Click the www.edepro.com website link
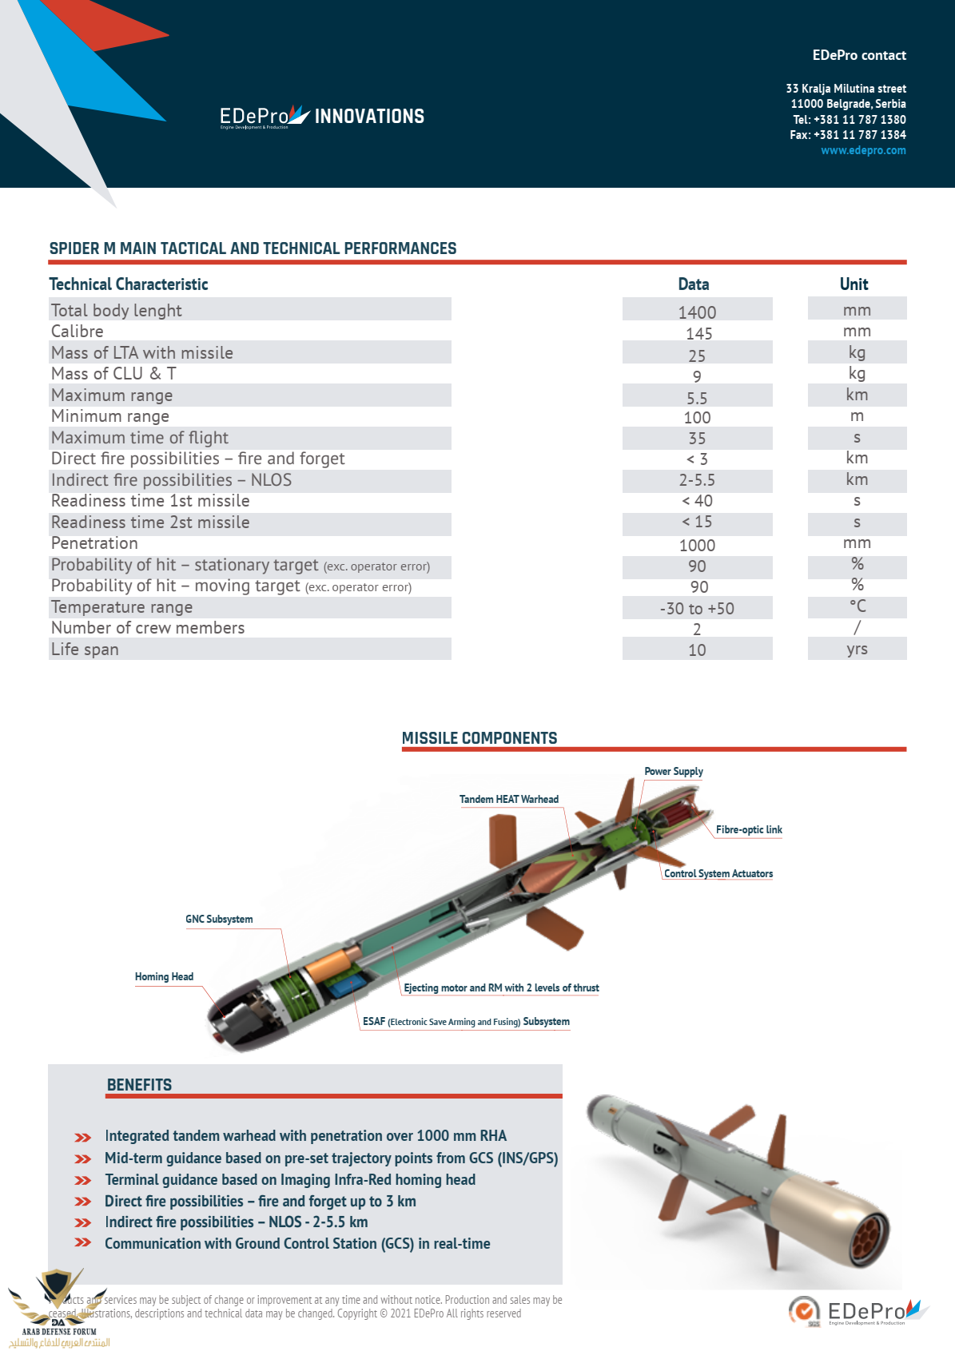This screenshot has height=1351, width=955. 863,150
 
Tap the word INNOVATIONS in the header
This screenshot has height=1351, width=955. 369,117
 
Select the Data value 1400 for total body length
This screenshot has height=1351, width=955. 697,312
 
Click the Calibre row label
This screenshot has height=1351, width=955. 78,332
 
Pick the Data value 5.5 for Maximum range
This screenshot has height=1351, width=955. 697,398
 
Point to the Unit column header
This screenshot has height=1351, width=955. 854,284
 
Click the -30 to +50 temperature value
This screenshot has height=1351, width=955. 697,609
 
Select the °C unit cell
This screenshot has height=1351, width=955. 858,606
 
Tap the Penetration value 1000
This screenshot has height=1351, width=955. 697,546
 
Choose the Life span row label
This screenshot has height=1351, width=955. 85,650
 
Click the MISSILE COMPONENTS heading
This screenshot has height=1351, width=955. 479,738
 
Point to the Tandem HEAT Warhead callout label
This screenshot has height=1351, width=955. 509,799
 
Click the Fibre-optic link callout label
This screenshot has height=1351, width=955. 749,829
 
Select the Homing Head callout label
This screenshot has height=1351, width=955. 164,976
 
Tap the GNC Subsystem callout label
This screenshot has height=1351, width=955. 219,919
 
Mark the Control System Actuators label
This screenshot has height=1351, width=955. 718,873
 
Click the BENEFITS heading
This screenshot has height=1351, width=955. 140,1085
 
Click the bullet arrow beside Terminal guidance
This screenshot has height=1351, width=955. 82,1180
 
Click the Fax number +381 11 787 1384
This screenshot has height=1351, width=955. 859,135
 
